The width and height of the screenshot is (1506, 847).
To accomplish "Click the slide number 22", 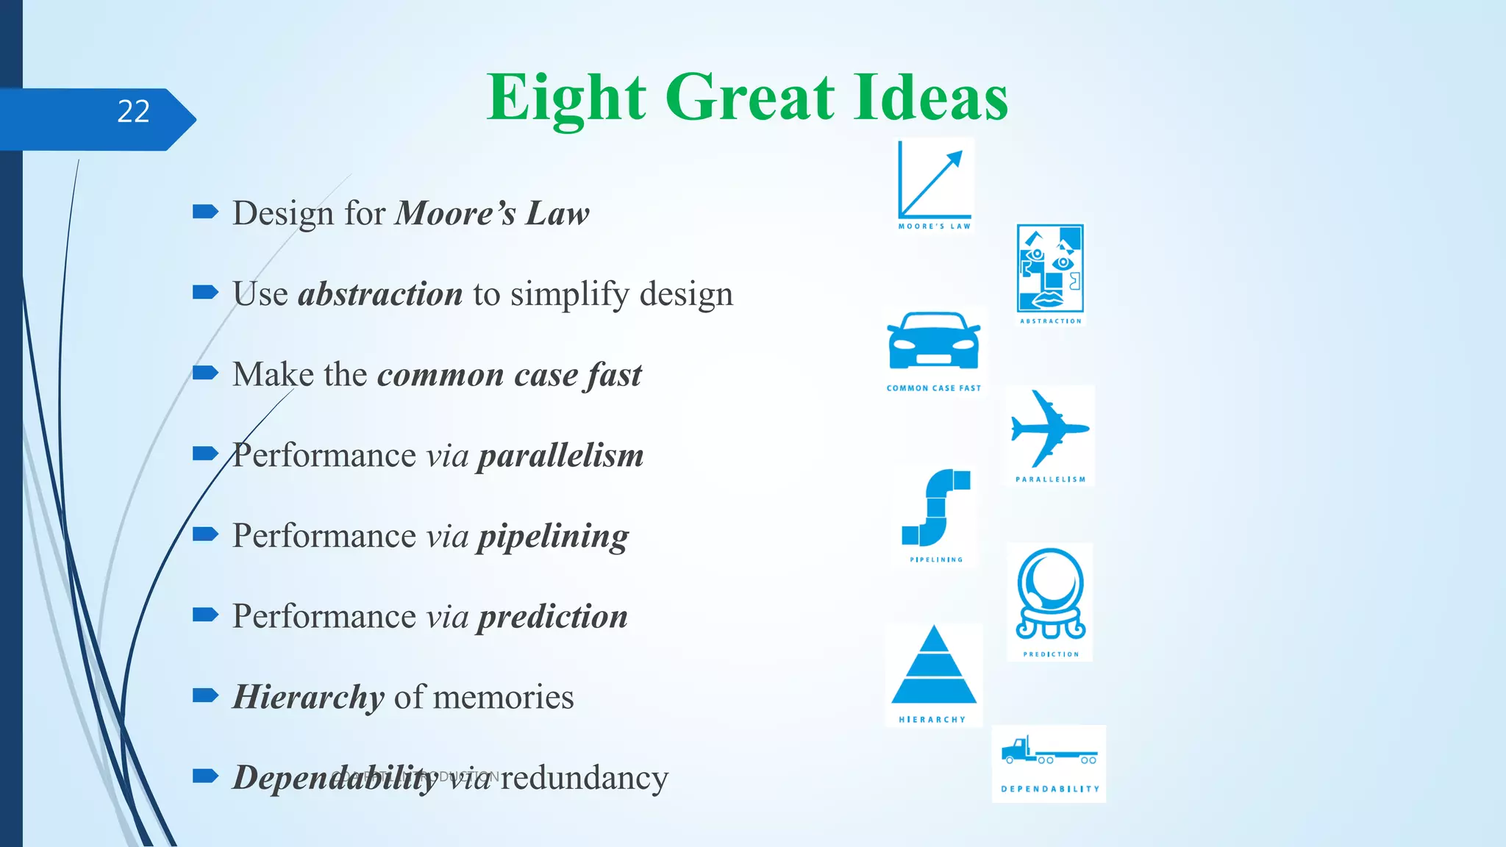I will [133, 112].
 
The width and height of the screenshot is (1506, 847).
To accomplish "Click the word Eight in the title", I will [566, 99].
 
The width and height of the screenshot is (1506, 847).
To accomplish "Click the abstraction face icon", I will [1050, 268].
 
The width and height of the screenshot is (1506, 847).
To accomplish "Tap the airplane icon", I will [1049, 429].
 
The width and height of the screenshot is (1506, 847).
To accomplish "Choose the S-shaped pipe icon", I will [936, 507].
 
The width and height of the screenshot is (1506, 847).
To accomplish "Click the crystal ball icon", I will [1050, 594].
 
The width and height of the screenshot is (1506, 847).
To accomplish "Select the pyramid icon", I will [934, 665].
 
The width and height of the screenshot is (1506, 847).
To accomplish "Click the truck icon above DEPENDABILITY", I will [1049, 751].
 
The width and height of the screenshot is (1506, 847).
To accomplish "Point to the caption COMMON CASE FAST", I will [934, 388].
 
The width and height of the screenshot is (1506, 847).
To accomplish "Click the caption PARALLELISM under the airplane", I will [1050, 479].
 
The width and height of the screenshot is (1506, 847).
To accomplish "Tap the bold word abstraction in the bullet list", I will [380, 294].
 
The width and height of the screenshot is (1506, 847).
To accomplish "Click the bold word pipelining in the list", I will [553, 537].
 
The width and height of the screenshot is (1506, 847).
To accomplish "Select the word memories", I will [504, 697].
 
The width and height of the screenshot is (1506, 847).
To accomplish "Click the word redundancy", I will [585, 778].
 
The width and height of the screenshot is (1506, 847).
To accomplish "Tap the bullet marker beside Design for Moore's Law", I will [205, 212].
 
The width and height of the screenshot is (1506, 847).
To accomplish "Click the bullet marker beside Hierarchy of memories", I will [205, 696].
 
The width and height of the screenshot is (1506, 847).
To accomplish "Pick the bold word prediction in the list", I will [552, 617].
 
